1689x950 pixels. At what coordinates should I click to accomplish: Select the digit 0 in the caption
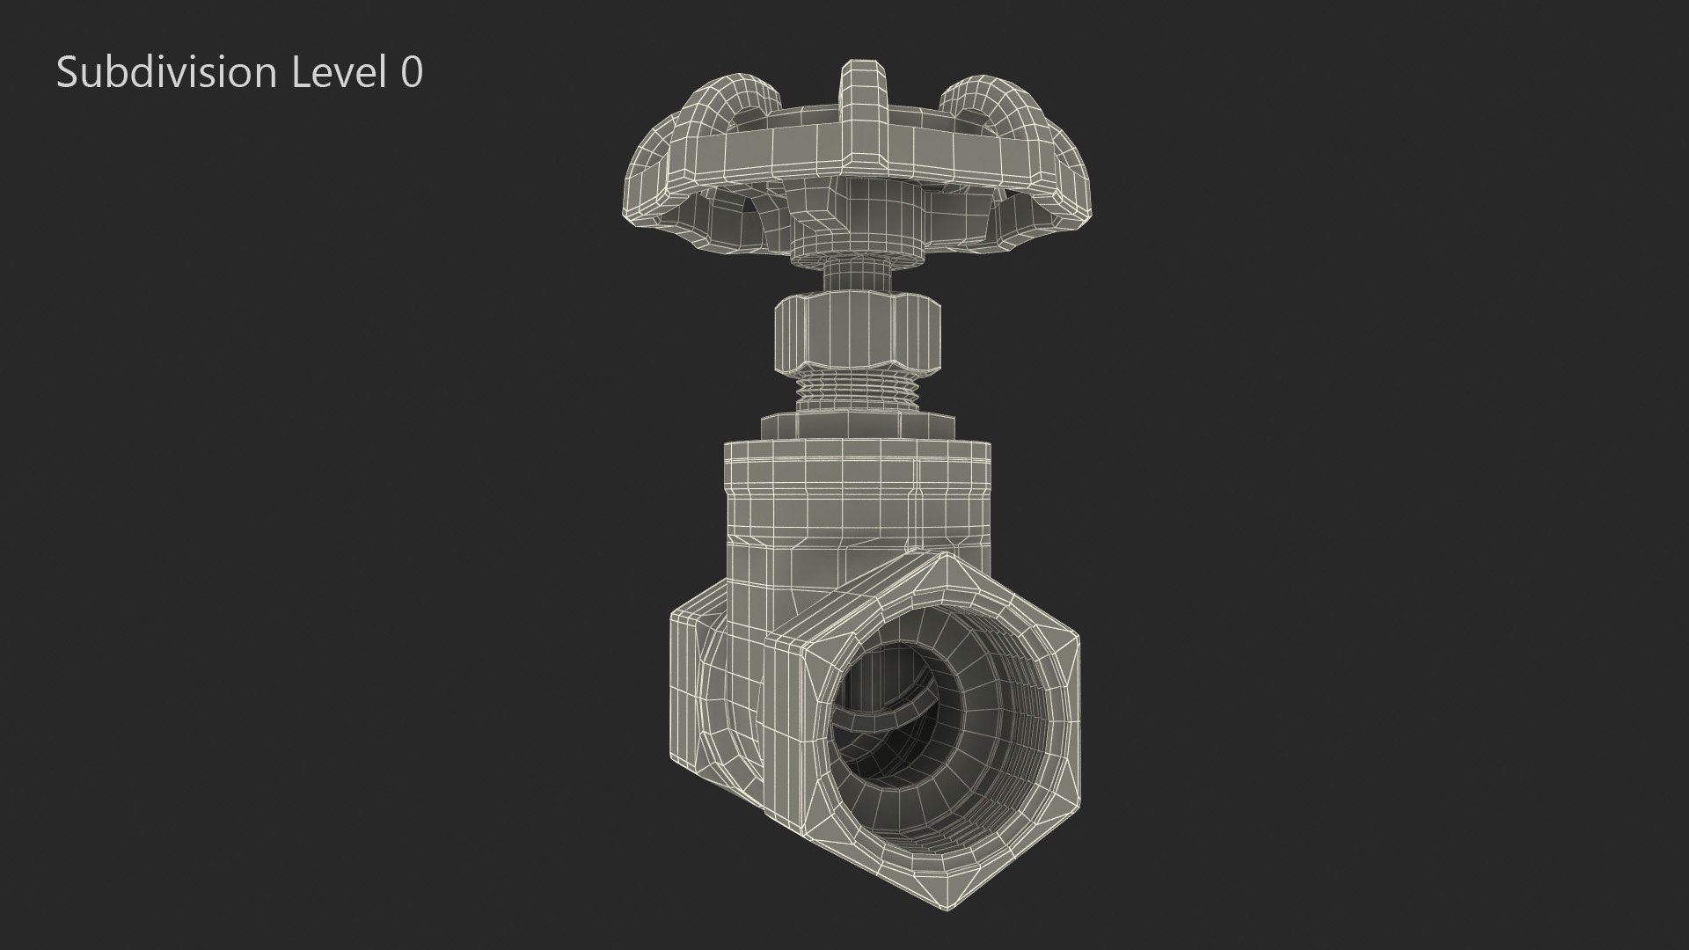click(411, 72)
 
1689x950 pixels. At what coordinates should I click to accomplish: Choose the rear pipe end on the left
click(704, 695)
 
